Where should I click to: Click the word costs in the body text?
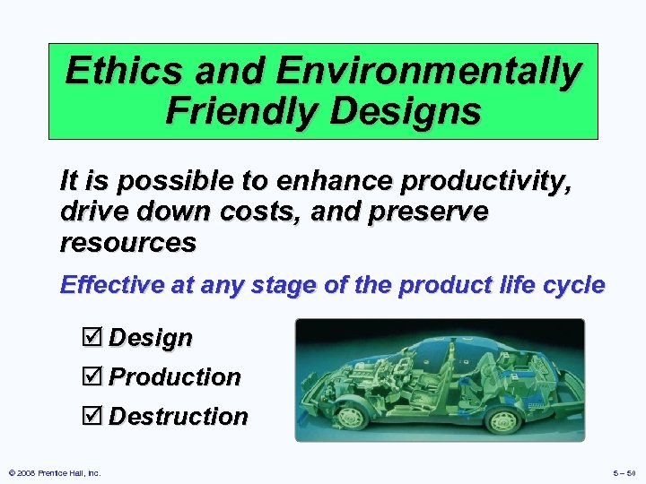coord(242,212)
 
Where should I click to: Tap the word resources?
coord(127,243)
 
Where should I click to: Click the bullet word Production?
coord(175,377)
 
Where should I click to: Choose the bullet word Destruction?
coord(179,417)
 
